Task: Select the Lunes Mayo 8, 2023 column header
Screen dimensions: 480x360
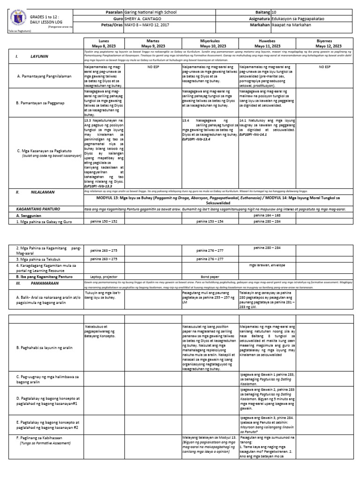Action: click(104, 44)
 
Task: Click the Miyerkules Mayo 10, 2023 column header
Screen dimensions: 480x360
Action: click(210, 44)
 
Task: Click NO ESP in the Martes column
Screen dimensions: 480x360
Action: click(152, 67)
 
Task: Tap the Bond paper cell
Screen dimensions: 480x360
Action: click(210, 277)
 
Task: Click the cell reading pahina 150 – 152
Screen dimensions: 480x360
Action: click(104, 222)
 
